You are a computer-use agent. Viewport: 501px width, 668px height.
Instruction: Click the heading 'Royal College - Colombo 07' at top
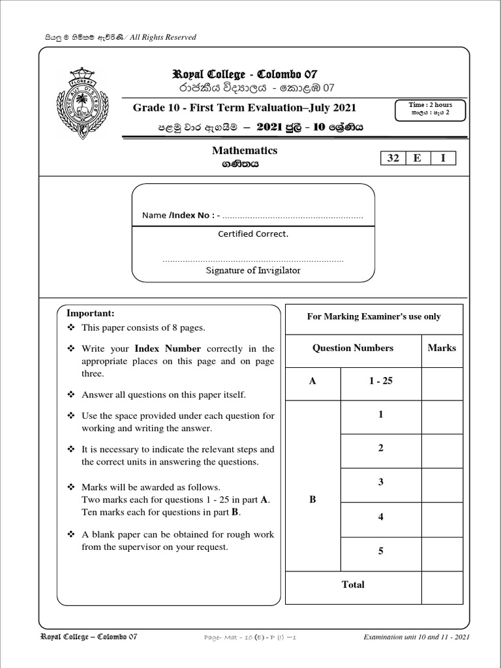point(244,74)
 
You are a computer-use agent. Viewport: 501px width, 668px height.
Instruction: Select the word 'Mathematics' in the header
point(245,151)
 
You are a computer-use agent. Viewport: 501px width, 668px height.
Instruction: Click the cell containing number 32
point(393,159)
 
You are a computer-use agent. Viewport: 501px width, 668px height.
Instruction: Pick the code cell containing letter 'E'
point(417,159)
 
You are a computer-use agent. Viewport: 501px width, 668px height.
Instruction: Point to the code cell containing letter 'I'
point(443,159)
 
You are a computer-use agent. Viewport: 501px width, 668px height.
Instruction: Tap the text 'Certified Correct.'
point(253,234)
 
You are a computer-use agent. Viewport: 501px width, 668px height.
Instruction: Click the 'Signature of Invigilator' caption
point(253,270)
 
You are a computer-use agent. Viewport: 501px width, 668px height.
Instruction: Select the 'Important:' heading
point(95,313)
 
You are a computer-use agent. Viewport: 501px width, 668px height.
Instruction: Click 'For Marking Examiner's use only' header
point(374,316)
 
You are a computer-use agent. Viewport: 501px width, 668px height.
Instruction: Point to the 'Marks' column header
point(442,348)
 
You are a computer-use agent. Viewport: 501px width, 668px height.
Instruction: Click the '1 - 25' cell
point(380,381)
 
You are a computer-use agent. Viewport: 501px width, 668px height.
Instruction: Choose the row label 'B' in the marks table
point(312,500)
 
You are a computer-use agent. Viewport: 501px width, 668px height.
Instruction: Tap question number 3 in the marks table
point(380,482)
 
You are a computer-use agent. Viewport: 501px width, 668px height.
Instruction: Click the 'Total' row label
point(353,584)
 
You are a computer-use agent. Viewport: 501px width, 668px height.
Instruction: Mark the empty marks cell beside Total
point(442,584)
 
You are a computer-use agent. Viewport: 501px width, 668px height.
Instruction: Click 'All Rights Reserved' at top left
point(163,37)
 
